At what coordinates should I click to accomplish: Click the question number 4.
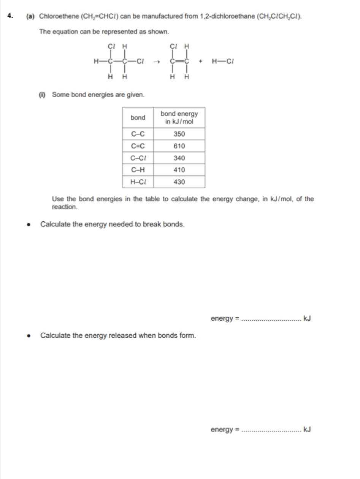(9, 16)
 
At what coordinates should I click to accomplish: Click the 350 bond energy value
(179, 134)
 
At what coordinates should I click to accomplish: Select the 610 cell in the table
(179, 146)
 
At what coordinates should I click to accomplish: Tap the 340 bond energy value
(179, 158)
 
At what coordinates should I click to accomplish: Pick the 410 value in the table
(179, 170)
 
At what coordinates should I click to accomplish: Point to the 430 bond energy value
(179, 182)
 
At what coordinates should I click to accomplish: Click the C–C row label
(138, 134)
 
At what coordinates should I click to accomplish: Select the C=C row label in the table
(138, 146)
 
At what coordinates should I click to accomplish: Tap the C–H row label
(138, 170)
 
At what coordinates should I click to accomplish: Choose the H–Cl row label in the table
(138, 182)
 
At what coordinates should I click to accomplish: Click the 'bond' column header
(138, 117)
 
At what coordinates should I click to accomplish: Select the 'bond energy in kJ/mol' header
(179, 117)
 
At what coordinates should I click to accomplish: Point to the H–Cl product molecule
(225, 60)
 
